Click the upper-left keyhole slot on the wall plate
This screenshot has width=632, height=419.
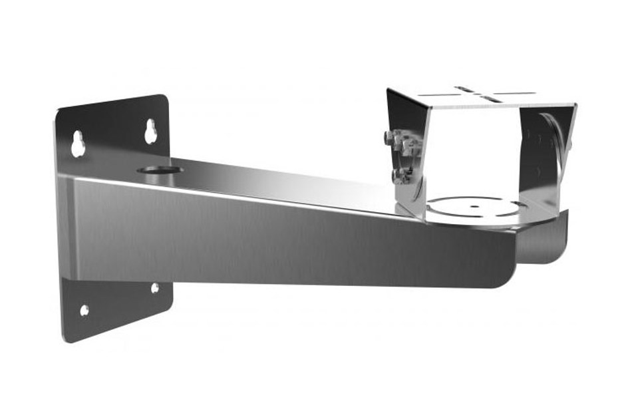coord(79,143)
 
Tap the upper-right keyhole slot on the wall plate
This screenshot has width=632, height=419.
coord(151,131)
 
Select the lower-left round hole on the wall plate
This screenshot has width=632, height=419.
coord(84,310)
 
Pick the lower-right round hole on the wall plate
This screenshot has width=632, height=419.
coord(155,288)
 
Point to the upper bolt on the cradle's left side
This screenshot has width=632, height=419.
coord(390,139)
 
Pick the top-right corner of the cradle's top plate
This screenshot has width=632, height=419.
coord(574,104)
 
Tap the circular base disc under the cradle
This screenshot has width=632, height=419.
coord(476,206)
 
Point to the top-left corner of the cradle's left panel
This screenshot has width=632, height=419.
coord(389,90)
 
